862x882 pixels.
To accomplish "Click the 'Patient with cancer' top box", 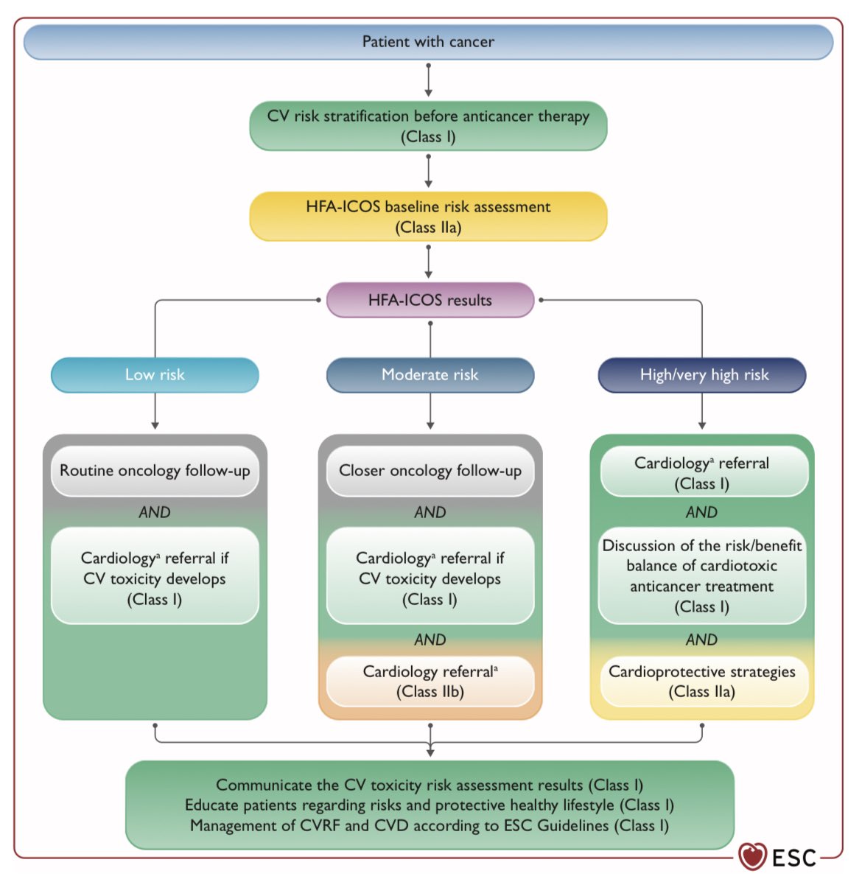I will (428, 42).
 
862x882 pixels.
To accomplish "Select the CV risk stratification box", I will (428, 126).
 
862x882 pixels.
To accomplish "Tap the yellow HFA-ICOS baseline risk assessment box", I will (428, 217).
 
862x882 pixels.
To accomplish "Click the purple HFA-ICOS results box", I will (430, 300).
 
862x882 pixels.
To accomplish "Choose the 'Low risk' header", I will (155, 375).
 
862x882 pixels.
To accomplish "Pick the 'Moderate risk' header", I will (430, 375).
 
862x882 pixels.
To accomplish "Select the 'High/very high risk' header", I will (702, 375).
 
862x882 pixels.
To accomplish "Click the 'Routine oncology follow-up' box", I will (155, 471).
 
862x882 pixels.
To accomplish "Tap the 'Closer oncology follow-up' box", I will (430, 471).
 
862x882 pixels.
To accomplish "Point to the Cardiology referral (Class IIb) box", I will (430, 682).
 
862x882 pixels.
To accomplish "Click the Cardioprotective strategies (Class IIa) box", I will (702, 682).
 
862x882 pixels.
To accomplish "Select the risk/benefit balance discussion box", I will (702, 576).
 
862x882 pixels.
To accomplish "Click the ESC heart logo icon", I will (752, 857).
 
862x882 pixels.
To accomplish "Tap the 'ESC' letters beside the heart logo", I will (794, 858).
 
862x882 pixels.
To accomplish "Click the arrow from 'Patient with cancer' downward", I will (428, 80).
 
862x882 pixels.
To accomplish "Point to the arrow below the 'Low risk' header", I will (155, 412).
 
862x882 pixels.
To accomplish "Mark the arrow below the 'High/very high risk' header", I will (702, 412).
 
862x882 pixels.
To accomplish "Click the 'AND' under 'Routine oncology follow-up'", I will (155, 512).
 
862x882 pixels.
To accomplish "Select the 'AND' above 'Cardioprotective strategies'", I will (701, 640).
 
